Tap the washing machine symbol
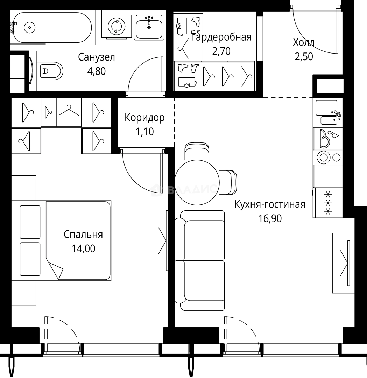[x=117, y=26]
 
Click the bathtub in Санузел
[x=52, y=28]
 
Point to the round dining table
[x=197, y=182]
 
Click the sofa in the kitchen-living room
[x=200, y=260]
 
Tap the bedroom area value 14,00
[x=83, y=248]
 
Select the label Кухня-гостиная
[x=270, y=205]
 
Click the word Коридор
[x=144, y=118]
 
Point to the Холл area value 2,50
[x=304, y=57]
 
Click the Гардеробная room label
[x=221, y=37]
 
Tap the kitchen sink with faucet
[x=328, y=112]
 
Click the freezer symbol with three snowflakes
[x=328, y=203]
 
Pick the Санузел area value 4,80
[x=97, y=71]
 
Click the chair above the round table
[x=197, y=151]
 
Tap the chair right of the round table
[x=228, y=182]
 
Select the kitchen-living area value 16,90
[x=270, y=219]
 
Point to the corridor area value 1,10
[x=144, y=132]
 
